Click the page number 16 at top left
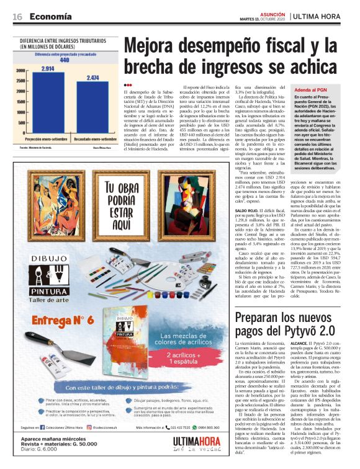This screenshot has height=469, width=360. pos(18,17)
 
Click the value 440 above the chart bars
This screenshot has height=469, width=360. pos(72,62)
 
